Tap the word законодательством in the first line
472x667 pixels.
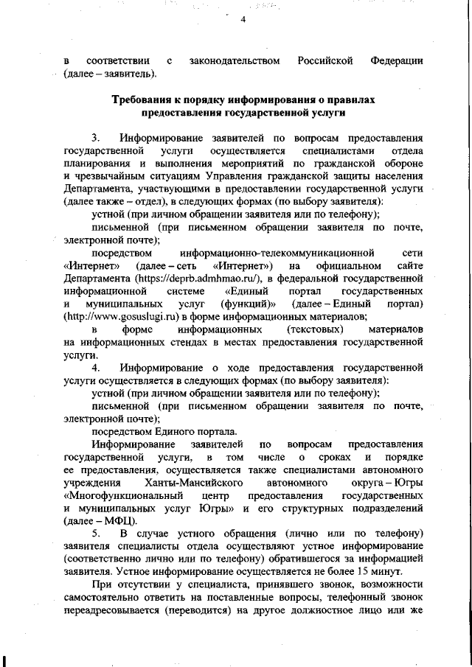point(233,60)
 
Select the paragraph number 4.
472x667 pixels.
point(95,367)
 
